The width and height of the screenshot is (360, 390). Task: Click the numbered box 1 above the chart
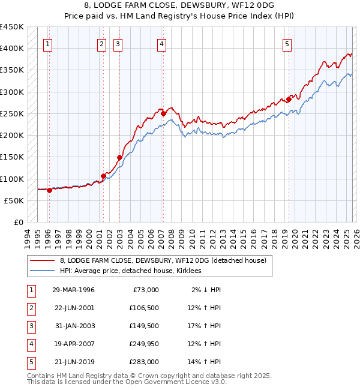pyautogui.click(x=47, y=43)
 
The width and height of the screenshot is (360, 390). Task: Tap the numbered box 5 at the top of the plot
pyautogui.click(x=287, y=43)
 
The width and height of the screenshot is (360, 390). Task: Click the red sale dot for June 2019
pyautogui.click(x=289, y=98)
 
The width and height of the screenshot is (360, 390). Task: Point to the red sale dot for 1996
pyautogui.click(x=49, y=190)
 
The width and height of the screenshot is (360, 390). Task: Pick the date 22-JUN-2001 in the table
pyautogui.click(x=73, y=308)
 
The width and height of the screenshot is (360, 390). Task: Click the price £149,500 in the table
pyautogui.click(x=144, y=326)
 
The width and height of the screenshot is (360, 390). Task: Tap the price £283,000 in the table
pyautogui.click(x=144, y=362)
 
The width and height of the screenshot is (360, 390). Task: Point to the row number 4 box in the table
pyautogui.click(x=30, y=344)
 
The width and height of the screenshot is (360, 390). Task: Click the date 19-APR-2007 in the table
pyautogui.click(x=73, y=344)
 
